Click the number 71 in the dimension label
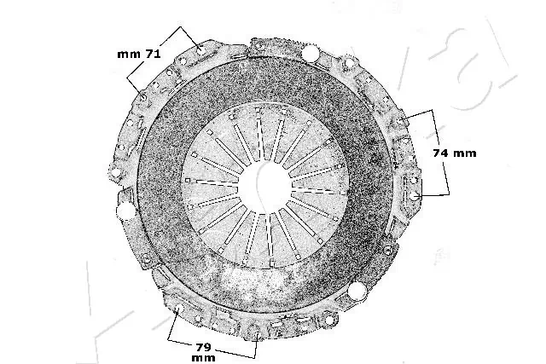(153, 54)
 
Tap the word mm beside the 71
(129, 55)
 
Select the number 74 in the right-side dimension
(441, 153)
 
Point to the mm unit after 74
(464, 153)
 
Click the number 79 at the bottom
(203, 347)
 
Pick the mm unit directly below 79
(203, 358)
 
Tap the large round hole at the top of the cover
(310, 53)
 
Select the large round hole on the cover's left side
(125, 211)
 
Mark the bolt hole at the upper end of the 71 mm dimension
(200, 49)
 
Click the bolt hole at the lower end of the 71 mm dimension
(143, 98)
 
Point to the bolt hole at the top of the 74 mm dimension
(403, 120)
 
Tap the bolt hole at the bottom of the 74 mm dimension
(413, 196)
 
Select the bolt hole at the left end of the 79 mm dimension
(179, 309)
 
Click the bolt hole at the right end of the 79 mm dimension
(258, 336)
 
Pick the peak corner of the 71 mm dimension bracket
(180, 26)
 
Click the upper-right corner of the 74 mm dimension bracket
(433, 110)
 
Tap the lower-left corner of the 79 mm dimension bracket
(168, 339)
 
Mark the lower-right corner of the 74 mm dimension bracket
(449, 194)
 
